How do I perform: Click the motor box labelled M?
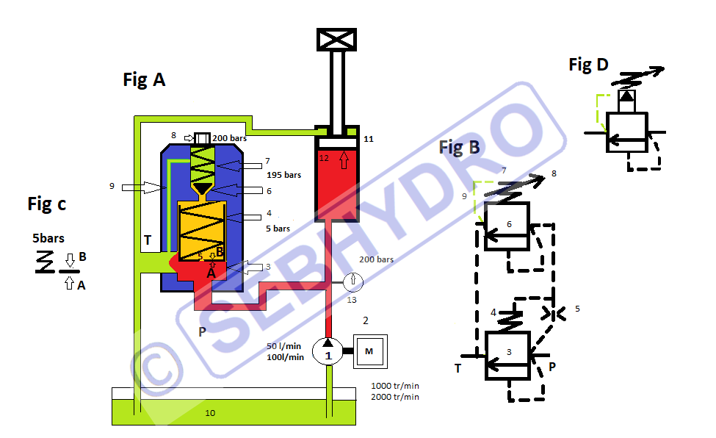click(370, 351)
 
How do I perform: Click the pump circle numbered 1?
click(328, 351)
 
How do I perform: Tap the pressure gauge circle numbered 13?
click(353, 282)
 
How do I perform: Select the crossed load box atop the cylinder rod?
click(336, 40)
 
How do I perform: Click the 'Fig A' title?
click(144, 79)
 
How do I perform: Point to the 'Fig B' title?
click(460, 147)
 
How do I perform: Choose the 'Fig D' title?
click(589, 65)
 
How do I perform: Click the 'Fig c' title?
click(46, 204)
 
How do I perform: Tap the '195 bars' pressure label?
click(284, 175)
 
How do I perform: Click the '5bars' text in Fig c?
click(48, 238)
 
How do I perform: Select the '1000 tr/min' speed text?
click(395, 386)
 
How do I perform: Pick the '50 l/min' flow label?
click(283, 346)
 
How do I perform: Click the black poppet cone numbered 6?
click(202, 188)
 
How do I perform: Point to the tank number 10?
click(210, 413)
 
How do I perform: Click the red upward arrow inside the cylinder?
click(344, 160)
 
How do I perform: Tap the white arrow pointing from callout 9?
click(141, 187)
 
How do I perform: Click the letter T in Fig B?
click(458, 368)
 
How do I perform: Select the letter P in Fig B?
click(552, 367)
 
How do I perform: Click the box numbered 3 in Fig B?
click(507, 356)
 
